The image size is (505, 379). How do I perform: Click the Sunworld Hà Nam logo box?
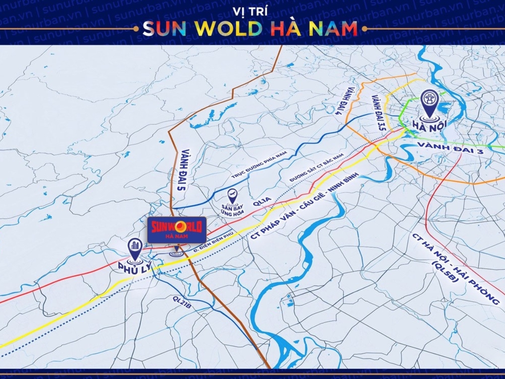tap(177, 230)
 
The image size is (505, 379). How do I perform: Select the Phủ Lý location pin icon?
tap(135, 248)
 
